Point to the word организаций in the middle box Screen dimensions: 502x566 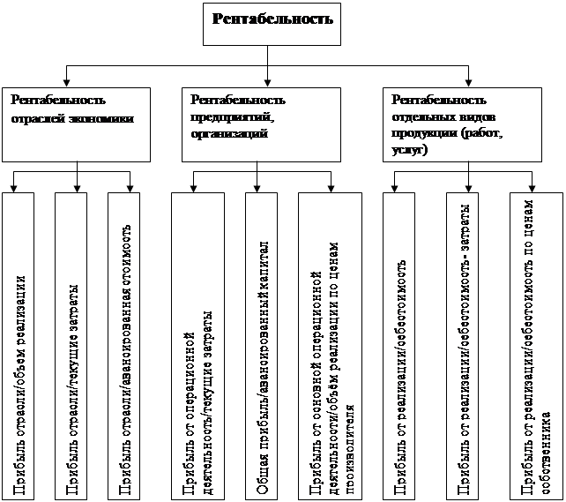click(x=228, y=132)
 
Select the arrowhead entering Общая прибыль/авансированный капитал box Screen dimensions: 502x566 click(x=257, y=190)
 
